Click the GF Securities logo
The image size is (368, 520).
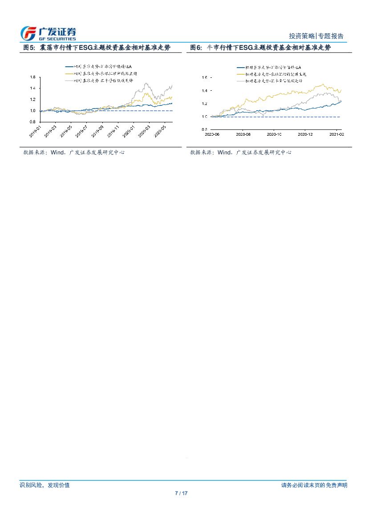[x=49, y=33]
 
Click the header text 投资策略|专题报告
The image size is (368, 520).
[x=316, y=36]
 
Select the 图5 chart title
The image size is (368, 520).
[x=97, y=48]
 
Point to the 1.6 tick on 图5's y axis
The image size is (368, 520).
[x=32, y=77]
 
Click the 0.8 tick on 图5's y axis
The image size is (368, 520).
[x=32, y=122]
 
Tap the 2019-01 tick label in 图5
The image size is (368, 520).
[x=35, y=130]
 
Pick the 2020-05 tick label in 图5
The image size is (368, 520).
[x=161, y=130]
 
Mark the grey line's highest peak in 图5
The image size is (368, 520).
[x=146, y=83]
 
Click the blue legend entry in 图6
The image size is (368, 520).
[x=270, y=67]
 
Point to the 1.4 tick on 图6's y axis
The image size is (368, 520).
[x=204, y=91]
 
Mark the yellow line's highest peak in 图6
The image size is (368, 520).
[x=323, y=84]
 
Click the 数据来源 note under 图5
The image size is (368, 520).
[x=74, y=152]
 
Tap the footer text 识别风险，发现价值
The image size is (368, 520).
[x=44, y=485]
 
